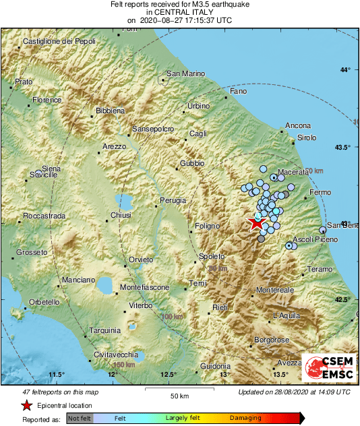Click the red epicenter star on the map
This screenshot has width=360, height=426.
pyautogui.click(x=257, y=222)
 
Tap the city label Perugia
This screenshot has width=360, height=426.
pyautogui.click(x=173, y=200)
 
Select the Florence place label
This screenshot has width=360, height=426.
pyautogui.click(x=47, y=100)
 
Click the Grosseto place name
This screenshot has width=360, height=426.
pyautogui.click(x=32, y=252)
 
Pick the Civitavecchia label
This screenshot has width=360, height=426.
pyautogui.click(x=116, y=355)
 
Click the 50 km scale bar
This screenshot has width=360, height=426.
pyautogui.click(x=179, y=390)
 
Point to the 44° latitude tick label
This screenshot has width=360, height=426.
pyautogui.click(x=347, y=70)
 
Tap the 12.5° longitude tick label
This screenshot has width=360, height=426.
pyautogui.click(x=169, y=375)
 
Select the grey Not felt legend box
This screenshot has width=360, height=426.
pyautogui.click(x=79, y=419)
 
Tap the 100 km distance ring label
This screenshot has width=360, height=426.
pyautogui.click(x=172, y=316)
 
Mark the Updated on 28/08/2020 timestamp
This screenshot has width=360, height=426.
pyautogui.click(x=294, y=392)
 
